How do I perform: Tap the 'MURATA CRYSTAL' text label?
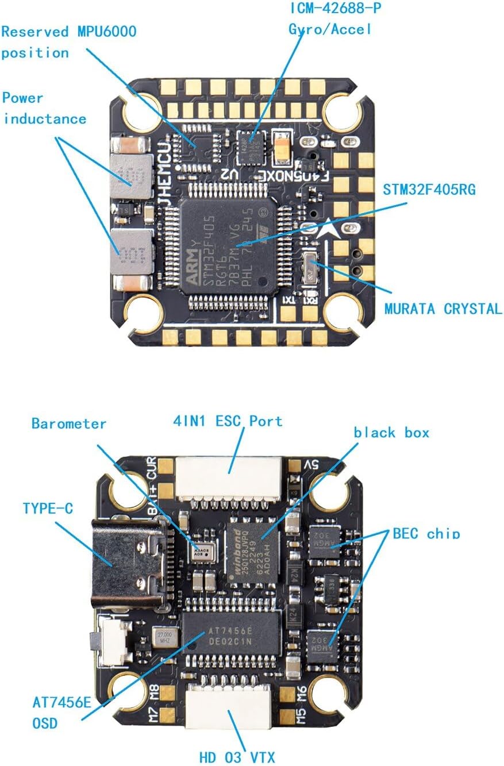click(x=443, y=308)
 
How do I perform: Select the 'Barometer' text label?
click(x=69, y=424)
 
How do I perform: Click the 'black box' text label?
click(x=391, y=432)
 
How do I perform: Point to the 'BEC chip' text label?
click(x=426, y=533)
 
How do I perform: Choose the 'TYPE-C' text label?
click(x=48, y=508)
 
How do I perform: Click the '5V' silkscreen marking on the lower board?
click(x=311, y=464)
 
